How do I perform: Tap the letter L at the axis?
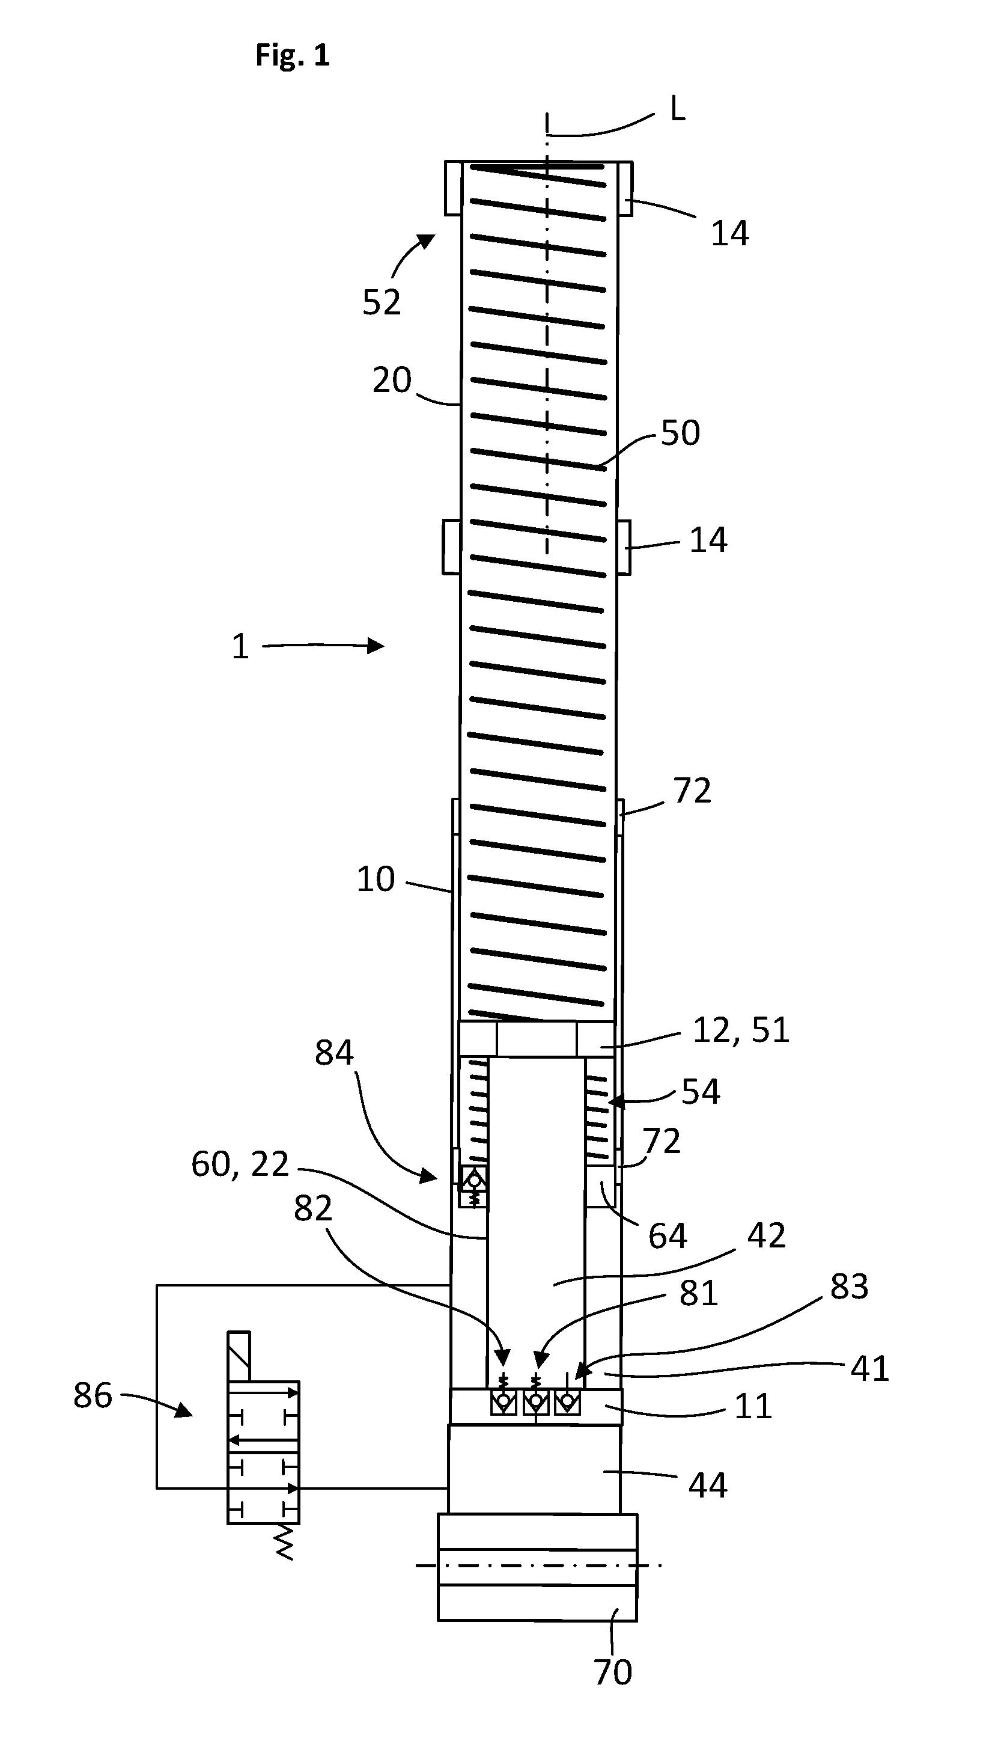[x=677, y=109]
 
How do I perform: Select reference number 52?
[x=382, y=302]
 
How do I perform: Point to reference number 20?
[x=392, y=379]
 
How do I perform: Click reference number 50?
[x=681, y=433]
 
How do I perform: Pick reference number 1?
[x=240, y=647]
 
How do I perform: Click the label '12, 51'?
[x=741, y=1029]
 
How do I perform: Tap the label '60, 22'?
[x=240, y=1164]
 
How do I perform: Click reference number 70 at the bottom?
[x=613, y=1672]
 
